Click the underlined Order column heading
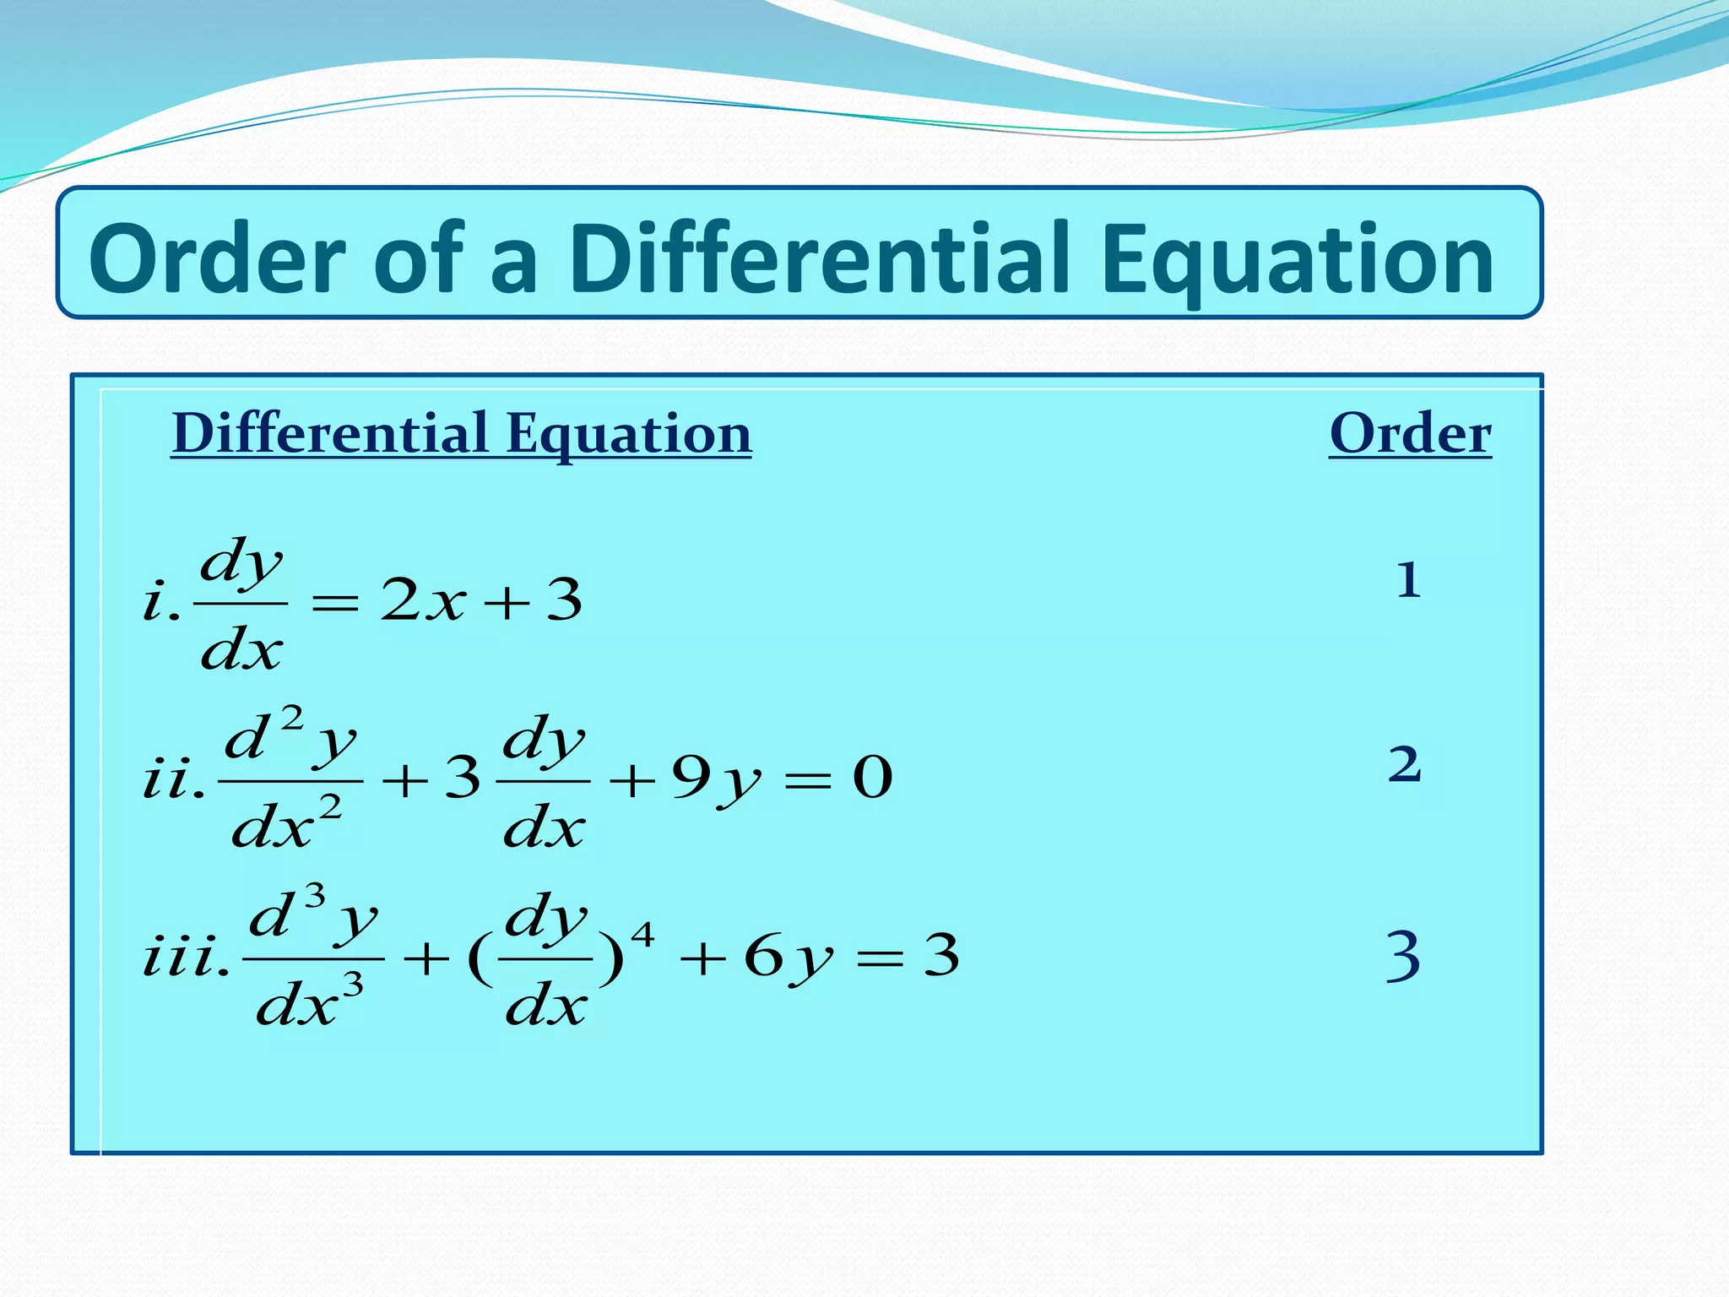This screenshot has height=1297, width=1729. click(1410, 434)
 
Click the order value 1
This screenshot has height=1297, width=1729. click(1407, 581)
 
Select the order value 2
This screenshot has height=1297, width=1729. click(1405, 764)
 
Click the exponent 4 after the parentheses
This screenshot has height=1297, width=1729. click(642, 935)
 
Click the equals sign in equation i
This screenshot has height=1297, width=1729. click(335, 603)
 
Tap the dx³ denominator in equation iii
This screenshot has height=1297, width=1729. click(309, 1001)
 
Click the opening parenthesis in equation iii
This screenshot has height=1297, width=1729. click(480, 960)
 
